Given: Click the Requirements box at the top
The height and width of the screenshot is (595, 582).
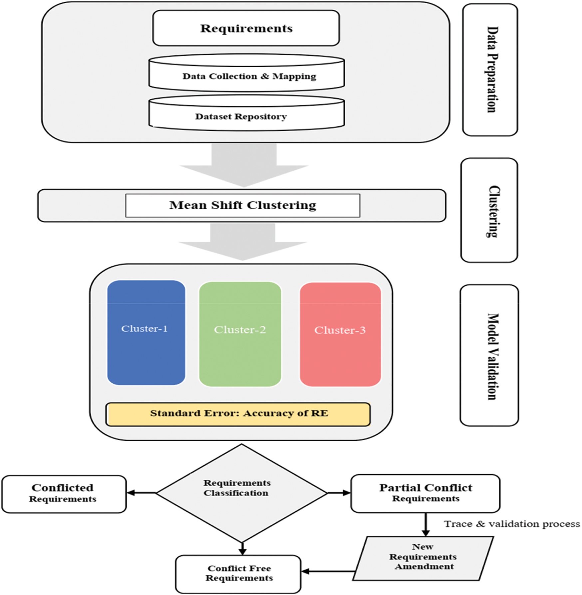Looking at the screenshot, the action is click(x=246, y=28).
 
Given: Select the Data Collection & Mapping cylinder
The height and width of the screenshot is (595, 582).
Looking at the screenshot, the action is click(x=246, y=73).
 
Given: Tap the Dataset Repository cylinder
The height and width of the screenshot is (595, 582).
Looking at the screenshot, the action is click(x=246, y=113).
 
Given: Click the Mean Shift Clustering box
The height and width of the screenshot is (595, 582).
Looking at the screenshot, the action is click(x=243, y=206).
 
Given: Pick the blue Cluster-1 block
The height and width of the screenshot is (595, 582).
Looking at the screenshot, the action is click(x=146, y=332).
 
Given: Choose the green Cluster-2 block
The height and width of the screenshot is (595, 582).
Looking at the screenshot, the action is click(x=240, y=334).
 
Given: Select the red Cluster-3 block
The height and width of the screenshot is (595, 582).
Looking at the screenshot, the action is click(x=340, y=334).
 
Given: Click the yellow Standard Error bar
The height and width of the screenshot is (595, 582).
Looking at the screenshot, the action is click(x=238, y=414).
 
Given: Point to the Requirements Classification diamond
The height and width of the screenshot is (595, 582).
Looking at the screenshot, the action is click(x=242, y=493).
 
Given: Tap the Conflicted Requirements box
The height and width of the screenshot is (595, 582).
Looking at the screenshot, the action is click(x=64, y=494).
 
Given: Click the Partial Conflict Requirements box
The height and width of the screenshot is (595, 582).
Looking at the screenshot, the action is click(x=426, y=494).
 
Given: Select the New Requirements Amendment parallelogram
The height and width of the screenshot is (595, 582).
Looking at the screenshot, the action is click(x=423, y=558).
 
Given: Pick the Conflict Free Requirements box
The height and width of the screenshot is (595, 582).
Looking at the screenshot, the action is click(x=238, y=574).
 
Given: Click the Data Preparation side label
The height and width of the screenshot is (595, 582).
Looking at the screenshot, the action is click(x=490, y=70).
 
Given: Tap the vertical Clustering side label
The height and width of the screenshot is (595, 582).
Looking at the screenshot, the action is click(x=489, y=210).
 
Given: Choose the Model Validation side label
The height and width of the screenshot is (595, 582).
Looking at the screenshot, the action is click(x=489, y=355).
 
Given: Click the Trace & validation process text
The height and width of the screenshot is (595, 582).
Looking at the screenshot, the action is click(x=512, y=524).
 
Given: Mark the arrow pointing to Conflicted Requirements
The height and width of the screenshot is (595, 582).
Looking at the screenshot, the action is click(x=142, y=493).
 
